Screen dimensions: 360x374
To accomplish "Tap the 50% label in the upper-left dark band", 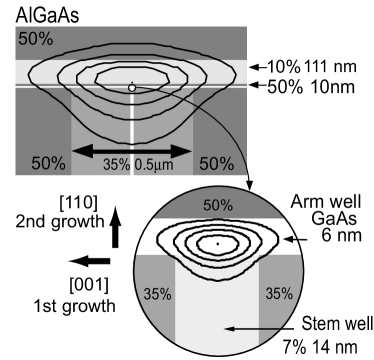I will pos(33,39).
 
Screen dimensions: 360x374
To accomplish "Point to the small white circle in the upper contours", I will pos(131,88).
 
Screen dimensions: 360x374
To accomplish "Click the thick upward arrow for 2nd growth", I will pos(115,225).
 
